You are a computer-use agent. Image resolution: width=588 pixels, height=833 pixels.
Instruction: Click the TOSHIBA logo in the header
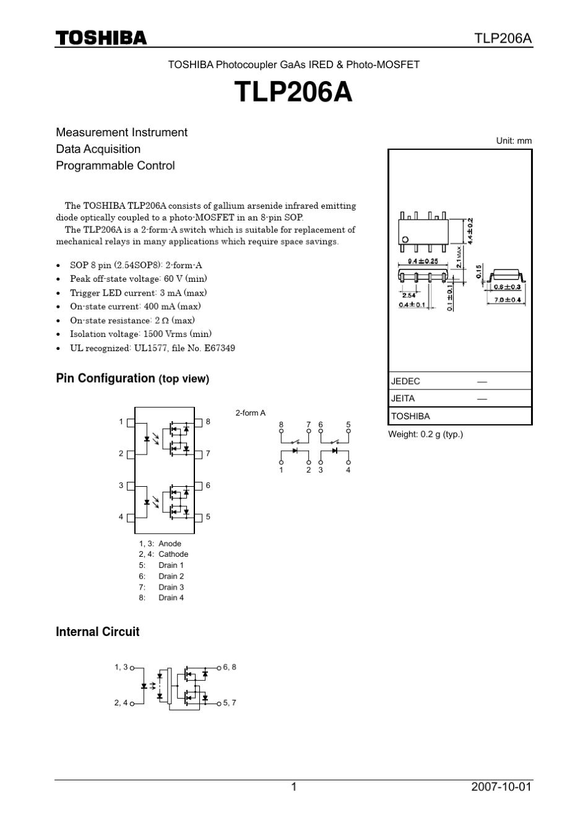102,38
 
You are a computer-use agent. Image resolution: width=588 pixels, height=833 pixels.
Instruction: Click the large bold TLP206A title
293,93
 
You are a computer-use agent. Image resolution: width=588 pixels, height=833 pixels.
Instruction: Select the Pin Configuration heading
132,378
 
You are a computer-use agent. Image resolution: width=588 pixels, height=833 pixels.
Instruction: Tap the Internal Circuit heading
98,632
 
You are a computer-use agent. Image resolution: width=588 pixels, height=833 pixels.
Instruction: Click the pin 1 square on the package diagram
131,422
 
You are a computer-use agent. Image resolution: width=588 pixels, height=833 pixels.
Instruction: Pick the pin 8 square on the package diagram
199,422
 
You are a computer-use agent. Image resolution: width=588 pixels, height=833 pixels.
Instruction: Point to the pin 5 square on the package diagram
199,517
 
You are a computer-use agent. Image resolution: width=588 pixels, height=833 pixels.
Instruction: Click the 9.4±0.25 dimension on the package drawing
423,261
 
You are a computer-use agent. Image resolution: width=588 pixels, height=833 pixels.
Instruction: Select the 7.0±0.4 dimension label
508,300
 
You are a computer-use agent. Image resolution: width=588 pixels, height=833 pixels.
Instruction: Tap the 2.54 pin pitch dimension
409,296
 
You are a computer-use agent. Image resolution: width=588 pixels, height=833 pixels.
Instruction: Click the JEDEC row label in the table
405,382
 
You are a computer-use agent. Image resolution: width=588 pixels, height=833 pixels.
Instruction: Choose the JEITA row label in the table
403,399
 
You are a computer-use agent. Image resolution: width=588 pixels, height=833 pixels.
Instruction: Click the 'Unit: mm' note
514,141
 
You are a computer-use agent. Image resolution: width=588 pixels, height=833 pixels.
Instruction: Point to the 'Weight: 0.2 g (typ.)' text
425,434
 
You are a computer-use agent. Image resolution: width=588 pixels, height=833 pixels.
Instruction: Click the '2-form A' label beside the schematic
250,413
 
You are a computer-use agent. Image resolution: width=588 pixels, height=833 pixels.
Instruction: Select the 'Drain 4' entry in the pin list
171,598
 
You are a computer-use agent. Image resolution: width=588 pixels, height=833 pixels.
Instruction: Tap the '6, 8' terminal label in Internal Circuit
230,667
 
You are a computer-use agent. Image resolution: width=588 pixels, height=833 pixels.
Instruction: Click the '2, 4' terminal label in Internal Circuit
121,703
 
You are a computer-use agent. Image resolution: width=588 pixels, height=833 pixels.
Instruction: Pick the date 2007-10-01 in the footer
501,787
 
